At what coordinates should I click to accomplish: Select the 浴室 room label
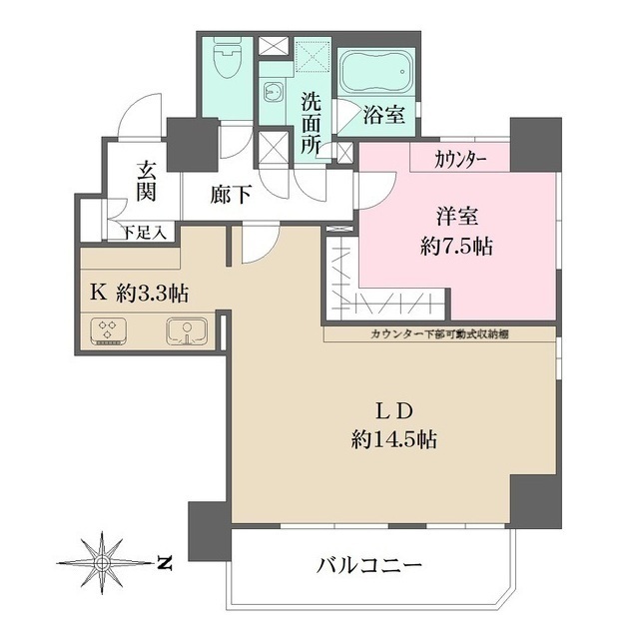point(382,115)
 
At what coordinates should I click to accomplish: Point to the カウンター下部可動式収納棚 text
point(439,333)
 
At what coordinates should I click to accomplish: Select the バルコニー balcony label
point(370,565)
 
